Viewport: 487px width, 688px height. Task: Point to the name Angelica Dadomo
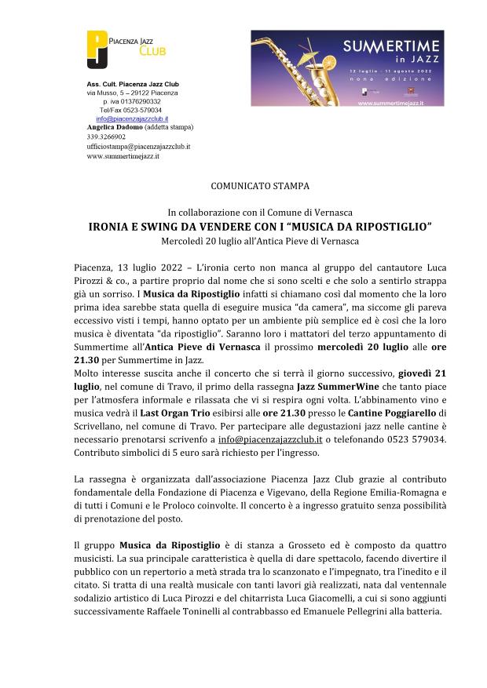[x=114, y=127]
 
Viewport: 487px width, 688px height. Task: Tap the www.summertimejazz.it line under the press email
[x=123, y=156]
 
